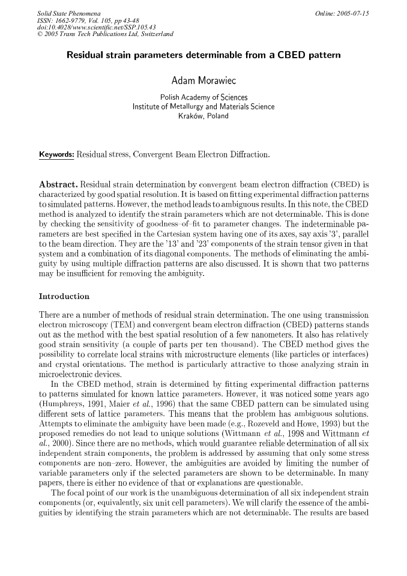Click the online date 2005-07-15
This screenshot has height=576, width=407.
pyautogui.click(x=352, y=13)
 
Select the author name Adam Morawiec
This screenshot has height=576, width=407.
pyautogui.click(x=203, y=81)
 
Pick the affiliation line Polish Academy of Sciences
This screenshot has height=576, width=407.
pyautogui.click(x=203, y=97)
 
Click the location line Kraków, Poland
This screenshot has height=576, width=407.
pyautogui.click(x=203, y=116)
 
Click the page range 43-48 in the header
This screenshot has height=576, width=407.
pyautogui.click(x=131, y=20)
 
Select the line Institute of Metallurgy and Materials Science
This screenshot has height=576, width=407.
pyautogui.click(x=203, y=107)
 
